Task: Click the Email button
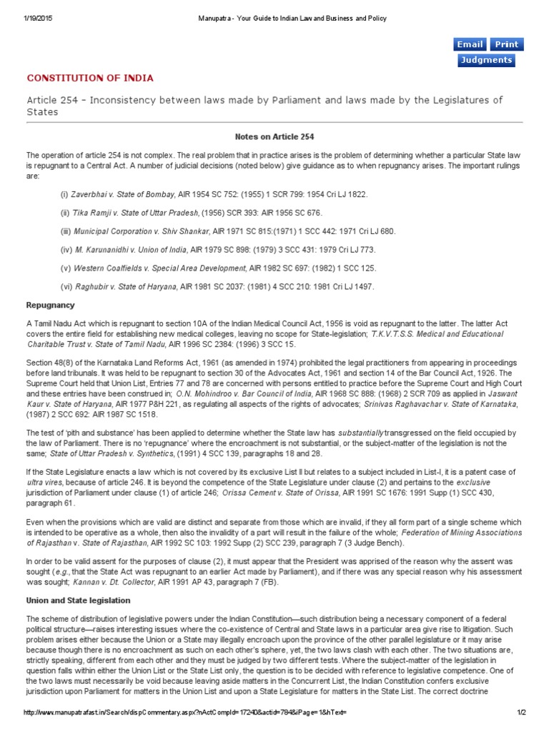click(470, 44)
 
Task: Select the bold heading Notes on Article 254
click(274, 136)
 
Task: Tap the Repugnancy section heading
click(50, 305)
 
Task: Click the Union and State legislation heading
click(78, 600)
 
